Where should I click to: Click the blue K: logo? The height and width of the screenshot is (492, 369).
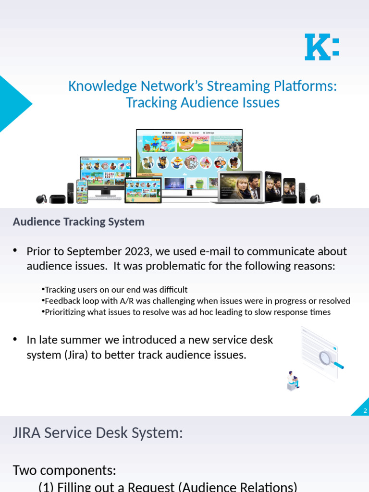(x=321, y=47)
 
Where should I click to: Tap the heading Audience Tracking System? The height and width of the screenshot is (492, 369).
(x=78, y=221)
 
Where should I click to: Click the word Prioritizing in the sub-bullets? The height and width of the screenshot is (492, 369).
(x=66, y=312)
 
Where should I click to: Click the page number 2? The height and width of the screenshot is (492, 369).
(x=365, y=411)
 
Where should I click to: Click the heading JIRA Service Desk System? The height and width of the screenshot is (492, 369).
(x=98, y=433)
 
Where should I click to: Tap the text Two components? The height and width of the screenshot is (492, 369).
(x=64, y=470)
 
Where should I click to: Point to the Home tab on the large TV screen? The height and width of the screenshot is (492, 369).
(x=167, y=133)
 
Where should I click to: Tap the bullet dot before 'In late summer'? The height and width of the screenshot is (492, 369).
(x=15, y=340)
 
